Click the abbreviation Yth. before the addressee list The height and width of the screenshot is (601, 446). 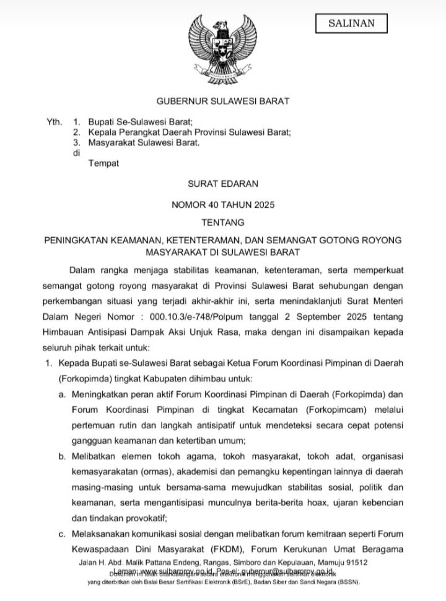click(55, 122)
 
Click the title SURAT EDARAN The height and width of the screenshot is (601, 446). click(222, 184)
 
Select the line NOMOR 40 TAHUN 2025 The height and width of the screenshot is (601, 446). click(222, 204)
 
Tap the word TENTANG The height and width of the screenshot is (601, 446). click(222, 221)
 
